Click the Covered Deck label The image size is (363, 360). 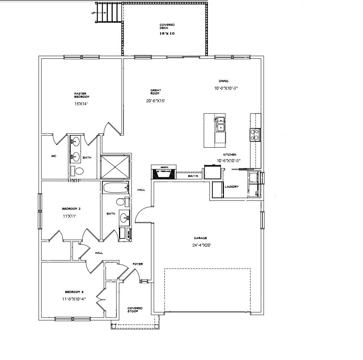tap(167, 26)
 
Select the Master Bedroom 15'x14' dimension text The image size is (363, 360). tap(81, 104)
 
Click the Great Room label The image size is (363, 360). tap(155, 91)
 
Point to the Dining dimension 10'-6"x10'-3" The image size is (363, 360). tap(226, 88)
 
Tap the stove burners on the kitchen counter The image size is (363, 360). tap(255, 134)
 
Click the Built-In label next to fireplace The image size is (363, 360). tap(193, 176)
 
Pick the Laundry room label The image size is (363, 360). tap(232, 187)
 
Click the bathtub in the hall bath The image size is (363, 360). tap(115, 187)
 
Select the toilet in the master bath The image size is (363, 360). tap(78, 171)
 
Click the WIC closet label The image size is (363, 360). tap(54, 157)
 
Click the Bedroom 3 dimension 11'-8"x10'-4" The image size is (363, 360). tap(74, 299)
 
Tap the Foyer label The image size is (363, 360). tap(138, 264)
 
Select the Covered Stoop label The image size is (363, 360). tap(135, 309)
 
